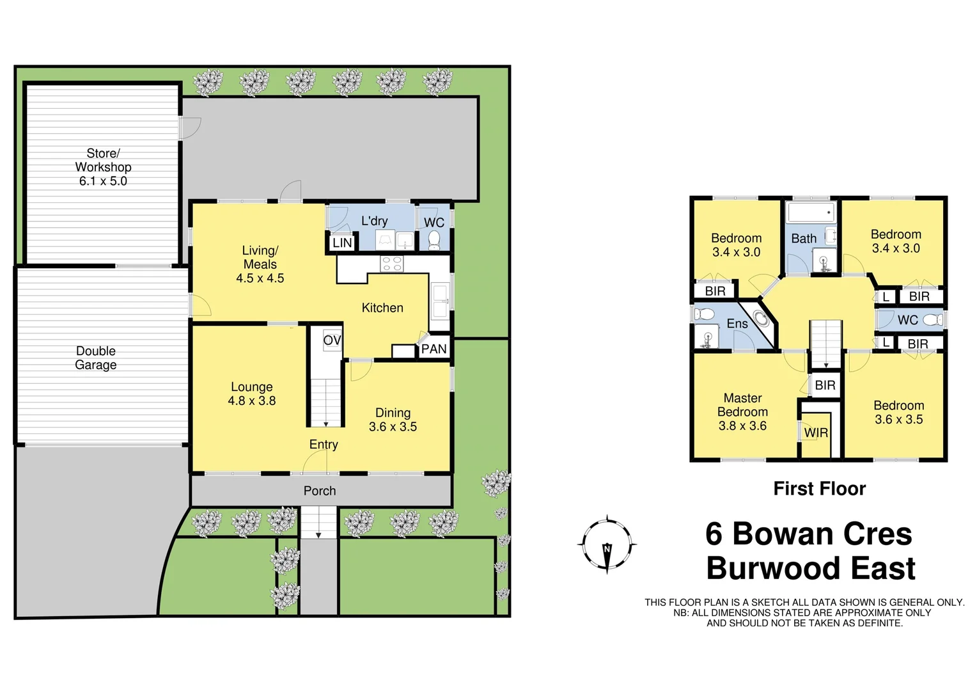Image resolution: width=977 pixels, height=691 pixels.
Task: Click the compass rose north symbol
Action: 607,544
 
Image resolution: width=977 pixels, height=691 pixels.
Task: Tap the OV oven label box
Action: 332,340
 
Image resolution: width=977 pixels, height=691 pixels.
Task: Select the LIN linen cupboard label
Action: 342,242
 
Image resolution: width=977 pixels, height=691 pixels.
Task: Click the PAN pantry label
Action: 434,349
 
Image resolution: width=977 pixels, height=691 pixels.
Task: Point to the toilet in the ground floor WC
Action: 434,239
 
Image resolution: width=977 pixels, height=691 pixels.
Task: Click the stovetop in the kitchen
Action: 391,264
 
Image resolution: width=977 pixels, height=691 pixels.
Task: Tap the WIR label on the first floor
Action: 816,433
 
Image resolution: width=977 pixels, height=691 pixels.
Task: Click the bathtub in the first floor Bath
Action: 811,212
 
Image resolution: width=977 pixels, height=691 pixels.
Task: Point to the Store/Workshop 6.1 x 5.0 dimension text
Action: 103,181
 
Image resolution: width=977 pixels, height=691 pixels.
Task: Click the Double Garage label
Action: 96,358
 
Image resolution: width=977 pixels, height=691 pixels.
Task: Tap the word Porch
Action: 320,491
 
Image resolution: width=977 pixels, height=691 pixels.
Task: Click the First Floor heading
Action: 819,489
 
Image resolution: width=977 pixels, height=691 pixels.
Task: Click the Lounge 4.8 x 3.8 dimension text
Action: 252,401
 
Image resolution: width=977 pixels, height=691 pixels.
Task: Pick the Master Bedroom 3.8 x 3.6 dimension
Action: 742,426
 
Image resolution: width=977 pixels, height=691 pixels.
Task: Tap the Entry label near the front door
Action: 324,445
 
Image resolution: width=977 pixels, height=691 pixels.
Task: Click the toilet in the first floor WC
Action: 932,319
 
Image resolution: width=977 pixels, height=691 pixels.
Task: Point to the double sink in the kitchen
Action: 439,302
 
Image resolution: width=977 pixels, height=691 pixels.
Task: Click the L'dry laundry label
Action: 374,221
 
